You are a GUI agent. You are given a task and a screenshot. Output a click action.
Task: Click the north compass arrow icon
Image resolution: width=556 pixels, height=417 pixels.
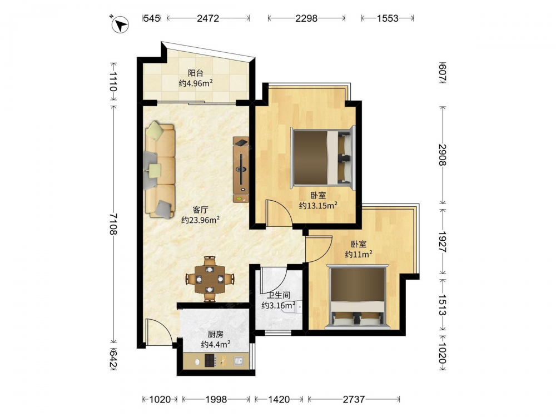tap(120, 24)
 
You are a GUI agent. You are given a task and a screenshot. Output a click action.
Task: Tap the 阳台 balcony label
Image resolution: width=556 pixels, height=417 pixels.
tap(195, 73)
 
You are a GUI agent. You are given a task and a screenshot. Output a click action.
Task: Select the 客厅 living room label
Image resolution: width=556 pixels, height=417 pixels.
tap(200, 210)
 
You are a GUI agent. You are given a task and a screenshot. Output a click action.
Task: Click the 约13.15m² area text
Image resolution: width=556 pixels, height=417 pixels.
tap(317, 205)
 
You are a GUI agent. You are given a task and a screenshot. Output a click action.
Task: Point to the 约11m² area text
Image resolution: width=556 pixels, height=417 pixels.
tap(359, 254)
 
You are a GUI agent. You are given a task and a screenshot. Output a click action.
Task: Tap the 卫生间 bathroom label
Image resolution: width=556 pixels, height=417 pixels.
tap(279, 295)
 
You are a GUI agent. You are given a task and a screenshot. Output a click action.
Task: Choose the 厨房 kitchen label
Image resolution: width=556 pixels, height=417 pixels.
tap(216, 334)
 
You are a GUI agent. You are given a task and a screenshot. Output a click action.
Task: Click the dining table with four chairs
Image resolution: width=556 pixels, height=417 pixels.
tap(210, 279)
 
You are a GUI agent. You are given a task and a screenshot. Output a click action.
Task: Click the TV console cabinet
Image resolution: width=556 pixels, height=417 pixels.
tap(241, 170)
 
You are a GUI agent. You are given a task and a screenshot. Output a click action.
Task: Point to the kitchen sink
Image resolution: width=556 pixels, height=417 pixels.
tap(239, 361)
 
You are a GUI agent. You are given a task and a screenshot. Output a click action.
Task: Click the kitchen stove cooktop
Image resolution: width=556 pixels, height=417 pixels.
tap(210, 361)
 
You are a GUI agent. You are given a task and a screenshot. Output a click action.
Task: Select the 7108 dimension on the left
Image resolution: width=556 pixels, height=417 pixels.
tap(113, 224)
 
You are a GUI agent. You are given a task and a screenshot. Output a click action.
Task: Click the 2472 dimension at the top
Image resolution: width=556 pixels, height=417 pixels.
tap(208, 18)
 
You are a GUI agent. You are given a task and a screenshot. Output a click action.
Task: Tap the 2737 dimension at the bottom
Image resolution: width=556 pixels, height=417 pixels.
tap(354, 400)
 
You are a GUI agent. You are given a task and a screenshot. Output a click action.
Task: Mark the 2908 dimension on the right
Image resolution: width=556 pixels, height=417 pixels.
tap(442, 155)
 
